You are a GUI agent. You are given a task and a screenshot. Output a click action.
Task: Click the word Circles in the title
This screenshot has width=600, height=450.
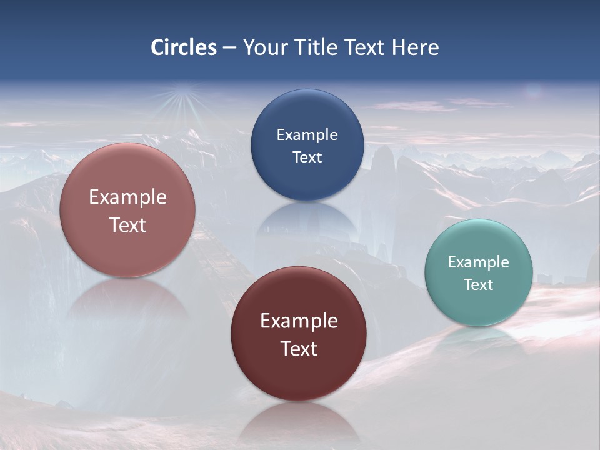(x=184, y=47)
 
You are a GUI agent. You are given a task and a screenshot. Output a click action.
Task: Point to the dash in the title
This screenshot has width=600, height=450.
(x=229, y=48)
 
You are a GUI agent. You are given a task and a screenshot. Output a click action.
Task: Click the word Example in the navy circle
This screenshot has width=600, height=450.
(x=307, y=134)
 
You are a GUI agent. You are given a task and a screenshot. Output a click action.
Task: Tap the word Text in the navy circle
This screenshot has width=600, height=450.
(x=307, y=157)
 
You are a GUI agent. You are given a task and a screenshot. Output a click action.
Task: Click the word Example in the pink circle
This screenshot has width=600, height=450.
(x=127, y=197)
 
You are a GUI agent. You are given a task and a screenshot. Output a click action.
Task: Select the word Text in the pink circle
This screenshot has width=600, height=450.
(x=127, y=225)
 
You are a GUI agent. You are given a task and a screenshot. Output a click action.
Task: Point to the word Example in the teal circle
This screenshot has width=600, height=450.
(x=479, y=262)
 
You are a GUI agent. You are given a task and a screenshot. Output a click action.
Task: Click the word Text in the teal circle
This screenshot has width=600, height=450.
(x=479, y=284)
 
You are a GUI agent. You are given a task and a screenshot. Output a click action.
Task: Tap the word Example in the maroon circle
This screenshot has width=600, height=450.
(x=299, y=321)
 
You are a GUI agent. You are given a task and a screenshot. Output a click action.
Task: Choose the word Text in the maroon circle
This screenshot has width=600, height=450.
(x=299, y=349)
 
